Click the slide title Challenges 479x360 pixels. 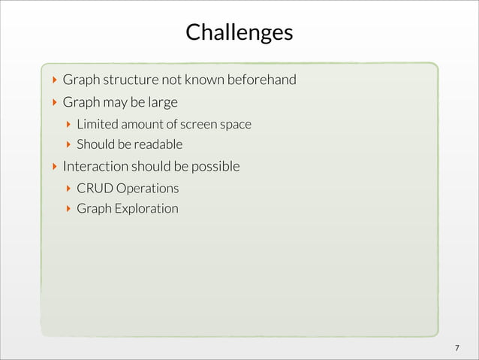pyautogui.click(x=239, y=33)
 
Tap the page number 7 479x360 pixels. pyautogui.click(x=456, y=347)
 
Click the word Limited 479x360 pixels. pyautogui.click(x=96, y=123)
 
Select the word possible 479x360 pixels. pyautogui.click(x=215, y=165)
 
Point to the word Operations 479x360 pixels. pyautogui.click(x=148, y=187)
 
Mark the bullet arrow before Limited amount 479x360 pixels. pyautogui.click(x=68, y=123)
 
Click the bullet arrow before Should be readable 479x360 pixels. pyautogui.click(x=68, y=144)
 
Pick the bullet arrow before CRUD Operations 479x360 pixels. pyautogui.click(x=68, y=187)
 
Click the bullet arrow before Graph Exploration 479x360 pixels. pyautogui.click(x=68, y=208)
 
